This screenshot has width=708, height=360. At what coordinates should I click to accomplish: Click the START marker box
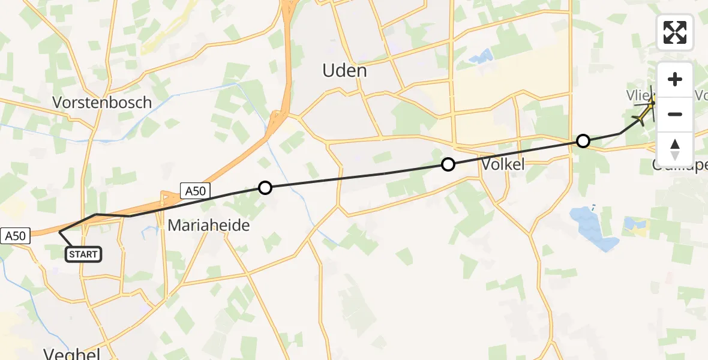(83, 254)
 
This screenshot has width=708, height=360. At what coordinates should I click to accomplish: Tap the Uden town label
(344, 71)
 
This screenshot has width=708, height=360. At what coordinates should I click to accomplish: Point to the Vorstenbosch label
(102, 102)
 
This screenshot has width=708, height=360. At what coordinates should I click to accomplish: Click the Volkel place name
(503, 164)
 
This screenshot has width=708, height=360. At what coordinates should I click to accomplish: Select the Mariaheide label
(208, 226)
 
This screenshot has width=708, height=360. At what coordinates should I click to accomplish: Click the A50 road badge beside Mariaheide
(195, 191)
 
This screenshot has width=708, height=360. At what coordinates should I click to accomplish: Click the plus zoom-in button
(675, 79)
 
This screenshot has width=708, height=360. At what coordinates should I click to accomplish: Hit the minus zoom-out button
(675, 114)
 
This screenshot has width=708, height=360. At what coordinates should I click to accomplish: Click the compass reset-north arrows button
(675, 149)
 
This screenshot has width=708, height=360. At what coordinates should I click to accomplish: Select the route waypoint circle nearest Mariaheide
(265, 188)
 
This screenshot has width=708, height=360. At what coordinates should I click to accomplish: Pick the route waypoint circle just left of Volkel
(448, 164)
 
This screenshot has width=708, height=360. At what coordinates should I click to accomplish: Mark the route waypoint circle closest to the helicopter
(583, 142)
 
